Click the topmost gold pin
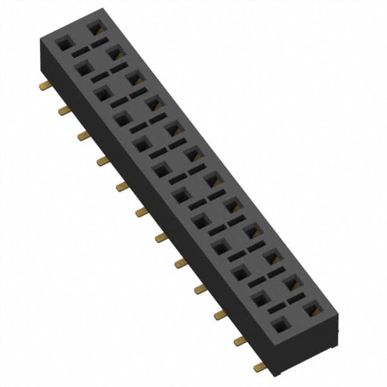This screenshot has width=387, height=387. (x=44, y=86)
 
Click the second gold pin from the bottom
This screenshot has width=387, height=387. (x=240, y=340)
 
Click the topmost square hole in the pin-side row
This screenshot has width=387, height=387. (x=63, y=43)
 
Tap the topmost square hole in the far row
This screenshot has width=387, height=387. (x=94, y=28)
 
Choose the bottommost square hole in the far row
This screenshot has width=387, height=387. (x=312, y=310)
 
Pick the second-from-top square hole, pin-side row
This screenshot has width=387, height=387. (x=83, y=68)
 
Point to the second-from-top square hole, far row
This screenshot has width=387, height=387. (x=114, y=53)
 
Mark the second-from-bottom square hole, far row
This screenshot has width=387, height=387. (x=292, y=282)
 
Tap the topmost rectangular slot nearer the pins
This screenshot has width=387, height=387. (x=80, y=53)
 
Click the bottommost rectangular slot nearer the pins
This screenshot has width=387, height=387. (x=276, y=308)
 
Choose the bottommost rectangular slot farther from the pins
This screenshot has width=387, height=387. (x=295, y=299)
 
